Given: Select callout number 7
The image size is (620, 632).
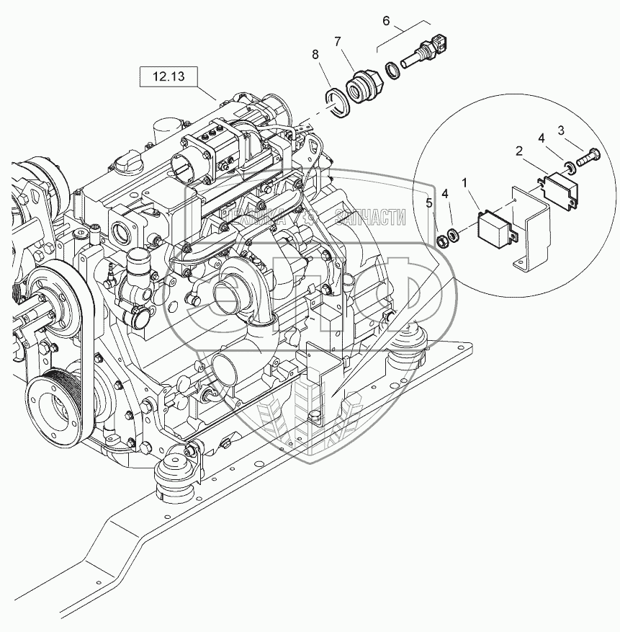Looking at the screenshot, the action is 337,42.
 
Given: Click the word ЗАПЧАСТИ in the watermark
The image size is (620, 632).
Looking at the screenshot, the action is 370,218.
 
